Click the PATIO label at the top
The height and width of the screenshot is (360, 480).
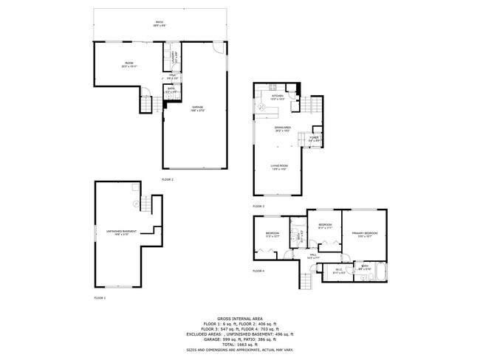coord(159,24)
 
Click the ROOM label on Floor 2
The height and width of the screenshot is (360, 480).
coord(129,64)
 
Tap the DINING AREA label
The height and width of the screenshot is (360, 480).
coord(283,128)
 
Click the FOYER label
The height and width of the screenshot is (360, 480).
coord(313,137)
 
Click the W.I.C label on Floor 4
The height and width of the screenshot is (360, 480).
coord(338,269)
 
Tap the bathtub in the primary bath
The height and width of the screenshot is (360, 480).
coord(377,274)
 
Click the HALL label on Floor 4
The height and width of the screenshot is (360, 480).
coord(313,255)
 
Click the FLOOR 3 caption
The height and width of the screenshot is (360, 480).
coord(258,206)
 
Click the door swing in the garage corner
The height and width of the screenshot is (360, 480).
coord(218,47)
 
